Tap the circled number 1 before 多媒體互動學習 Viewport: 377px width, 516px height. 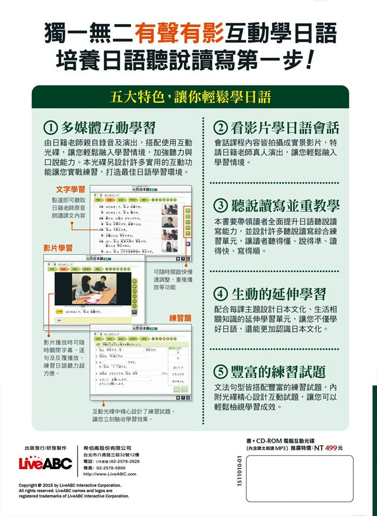tap(50, 128)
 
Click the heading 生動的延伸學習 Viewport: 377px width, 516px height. tap(279, 294)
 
